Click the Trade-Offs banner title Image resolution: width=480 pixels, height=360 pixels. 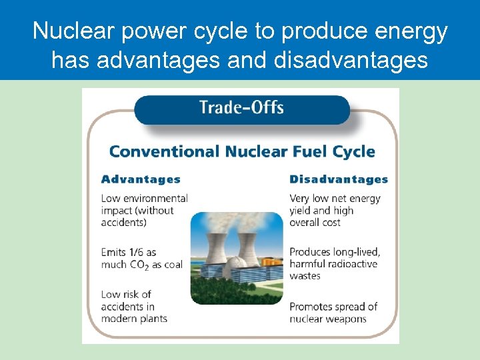click(x=241, y=108)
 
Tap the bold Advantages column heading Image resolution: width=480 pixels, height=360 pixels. click(x=141, y=179)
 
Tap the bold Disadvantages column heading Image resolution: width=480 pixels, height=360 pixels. click(x=339, y=179)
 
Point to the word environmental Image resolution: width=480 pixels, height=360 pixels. click(x=155, y=198)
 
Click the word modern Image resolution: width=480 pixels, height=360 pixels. click(x=117, y=319)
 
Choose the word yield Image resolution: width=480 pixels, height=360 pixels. click(x=301, y=211)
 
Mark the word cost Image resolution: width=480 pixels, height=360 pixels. click(x=329, y=223)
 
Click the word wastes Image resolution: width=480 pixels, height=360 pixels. click(x=305, y=276)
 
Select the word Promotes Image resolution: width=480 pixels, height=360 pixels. click(x=313, y=307)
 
